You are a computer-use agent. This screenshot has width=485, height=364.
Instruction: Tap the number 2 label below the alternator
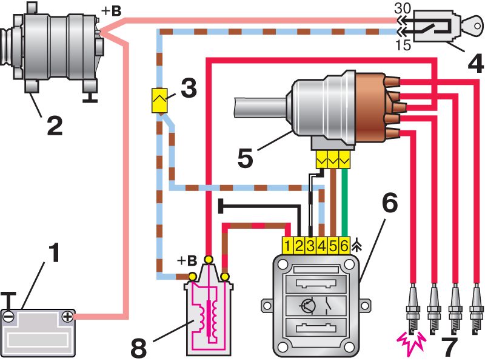point(54,125)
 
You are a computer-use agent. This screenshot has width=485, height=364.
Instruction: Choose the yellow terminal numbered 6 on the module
point(344,245)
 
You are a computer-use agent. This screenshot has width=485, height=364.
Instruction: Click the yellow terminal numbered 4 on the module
point(323,245)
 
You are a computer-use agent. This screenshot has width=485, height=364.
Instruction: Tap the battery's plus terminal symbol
point(67,315)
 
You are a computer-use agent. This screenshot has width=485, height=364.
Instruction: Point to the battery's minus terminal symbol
point(8,315)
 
